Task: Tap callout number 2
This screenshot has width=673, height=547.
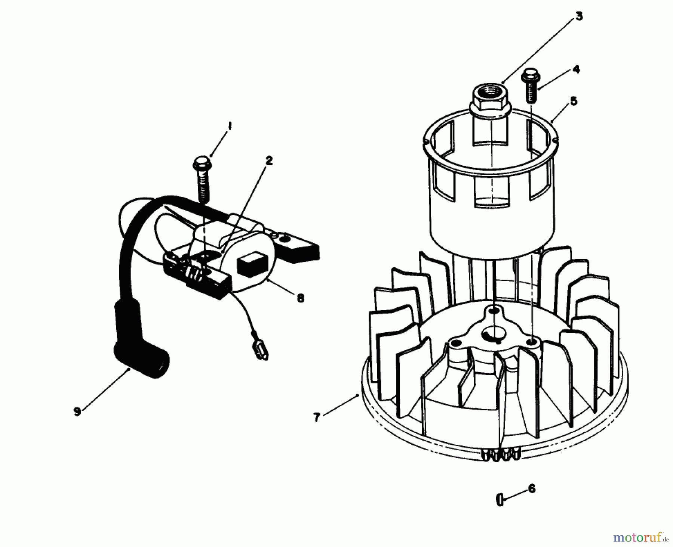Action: point(269,161)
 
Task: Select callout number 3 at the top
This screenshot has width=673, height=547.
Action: point(579,16)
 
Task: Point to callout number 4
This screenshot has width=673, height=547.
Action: point(576,69)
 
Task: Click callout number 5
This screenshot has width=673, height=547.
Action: point(573,101)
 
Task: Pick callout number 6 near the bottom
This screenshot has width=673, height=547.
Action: point(532,488)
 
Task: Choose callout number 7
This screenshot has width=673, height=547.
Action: point(317,417)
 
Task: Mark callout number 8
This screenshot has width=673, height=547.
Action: point(300,298)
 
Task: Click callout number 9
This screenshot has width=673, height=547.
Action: point(77,411)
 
